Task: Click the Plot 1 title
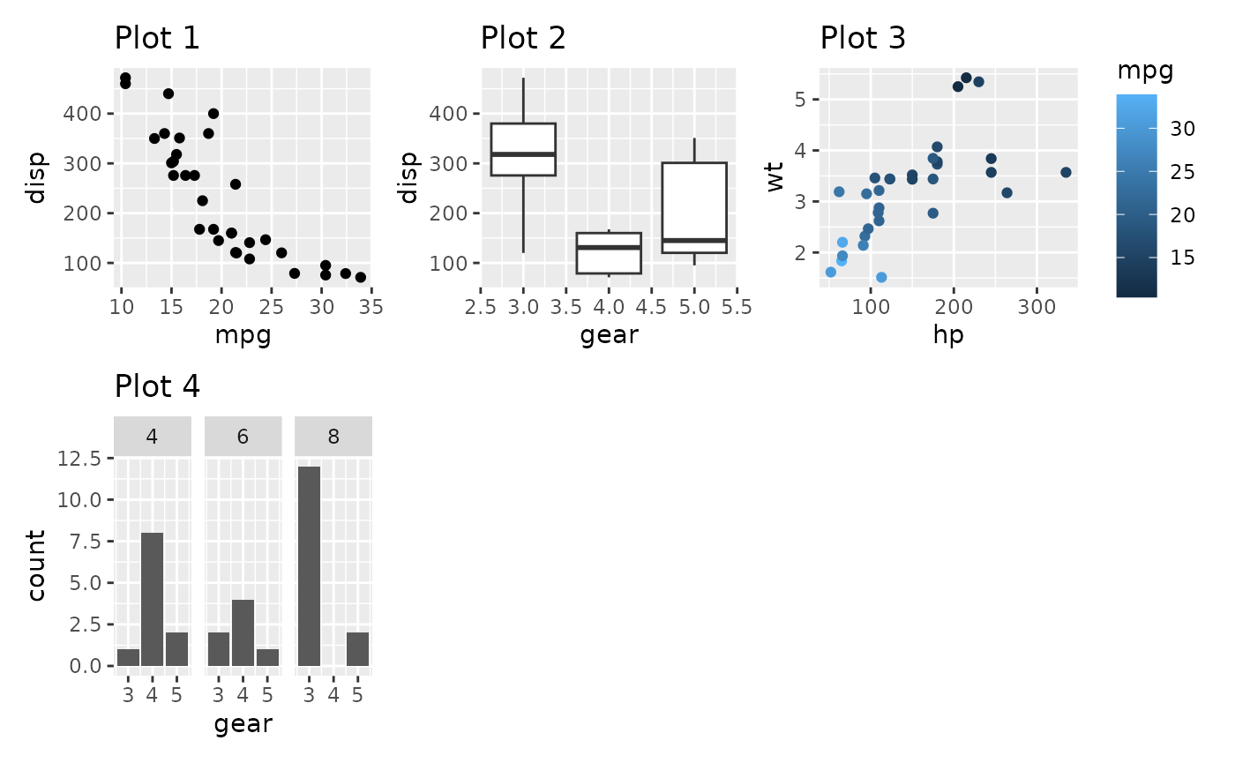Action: [x=157, y=39]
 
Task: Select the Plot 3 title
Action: [x=863, y=39]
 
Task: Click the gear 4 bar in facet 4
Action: [x=153, y=599]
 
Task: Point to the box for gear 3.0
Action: [x=523, y=150]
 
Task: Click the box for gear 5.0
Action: [x=694, y=208]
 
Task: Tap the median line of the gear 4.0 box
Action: [x=609, y=248]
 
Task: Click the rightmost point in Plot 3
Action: [x=1066, y=172]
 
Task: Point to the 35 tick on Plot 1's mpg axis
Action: [x=371, y=307]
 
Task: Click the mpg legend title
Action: [x=1145, y=72]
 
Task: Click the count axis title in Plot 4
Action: [x=36, y=565]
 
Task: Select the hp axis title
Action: [x=948, y=335]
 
